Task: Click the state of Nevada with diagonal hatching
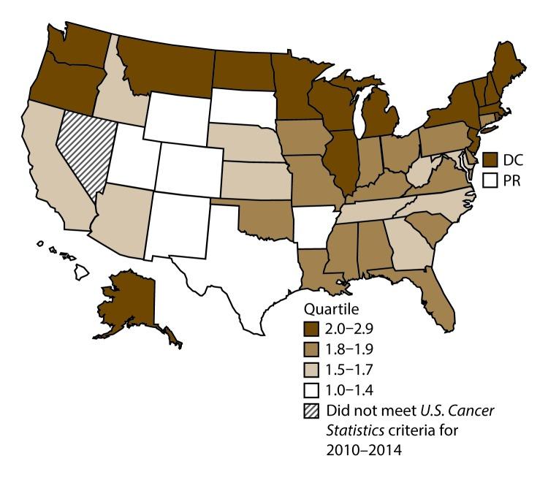click(x=84, y=150)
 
